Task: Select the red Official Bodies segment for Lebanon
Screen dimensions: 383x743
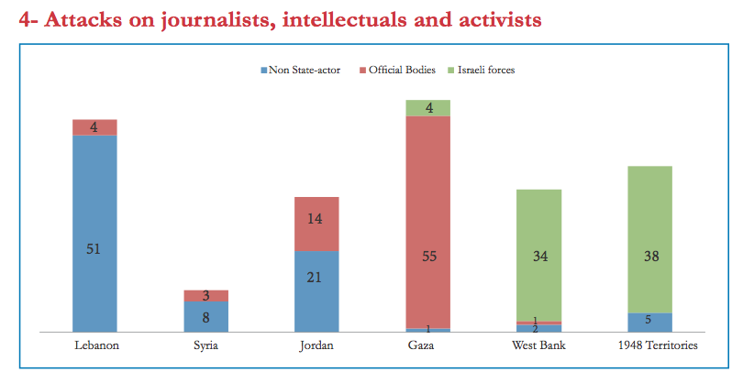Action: (x=94, y=126)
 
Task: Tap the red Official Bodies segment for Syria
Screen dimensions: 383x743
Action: (x=205, y=296)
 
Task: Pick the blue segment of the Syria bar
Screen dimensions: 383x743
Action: (x=205, y=316)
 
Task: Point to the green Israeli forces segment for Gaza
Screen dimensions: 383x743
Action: (x=427, y=108)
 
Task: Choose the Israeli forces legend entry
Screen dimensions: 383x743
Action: (x=487, y=70)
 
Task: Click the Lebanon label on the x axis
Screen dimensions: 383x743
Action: (x=95, y=345)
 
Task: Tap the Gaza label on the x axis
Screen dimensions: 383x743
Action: (x=427, y=345)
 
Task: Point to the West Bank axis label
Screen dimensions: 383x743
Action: (x=538, y=345)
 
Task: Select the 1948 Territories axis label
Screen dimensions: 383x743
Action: (x=649, y=345)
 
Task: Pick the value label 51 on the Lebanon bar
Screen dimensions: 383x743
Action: (x=94, y=248)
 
